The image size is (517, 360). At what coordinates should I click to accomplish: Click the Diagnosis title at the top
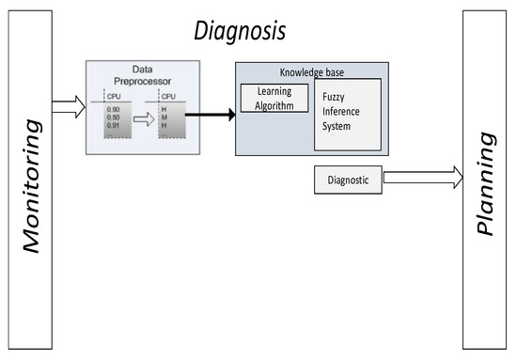(x=239, y=32)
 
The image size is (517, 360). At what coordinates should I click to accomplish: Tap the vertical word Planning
(x=486, y=186)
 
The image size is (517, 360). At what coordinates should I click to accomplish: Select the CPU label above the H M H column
(x=169, y=96)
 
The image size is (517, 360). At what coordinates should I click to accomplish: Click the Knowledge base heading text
(x=311, y=72)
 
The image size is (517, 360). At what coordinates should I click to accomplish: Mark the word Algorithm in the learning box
(x=274, y=106)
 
